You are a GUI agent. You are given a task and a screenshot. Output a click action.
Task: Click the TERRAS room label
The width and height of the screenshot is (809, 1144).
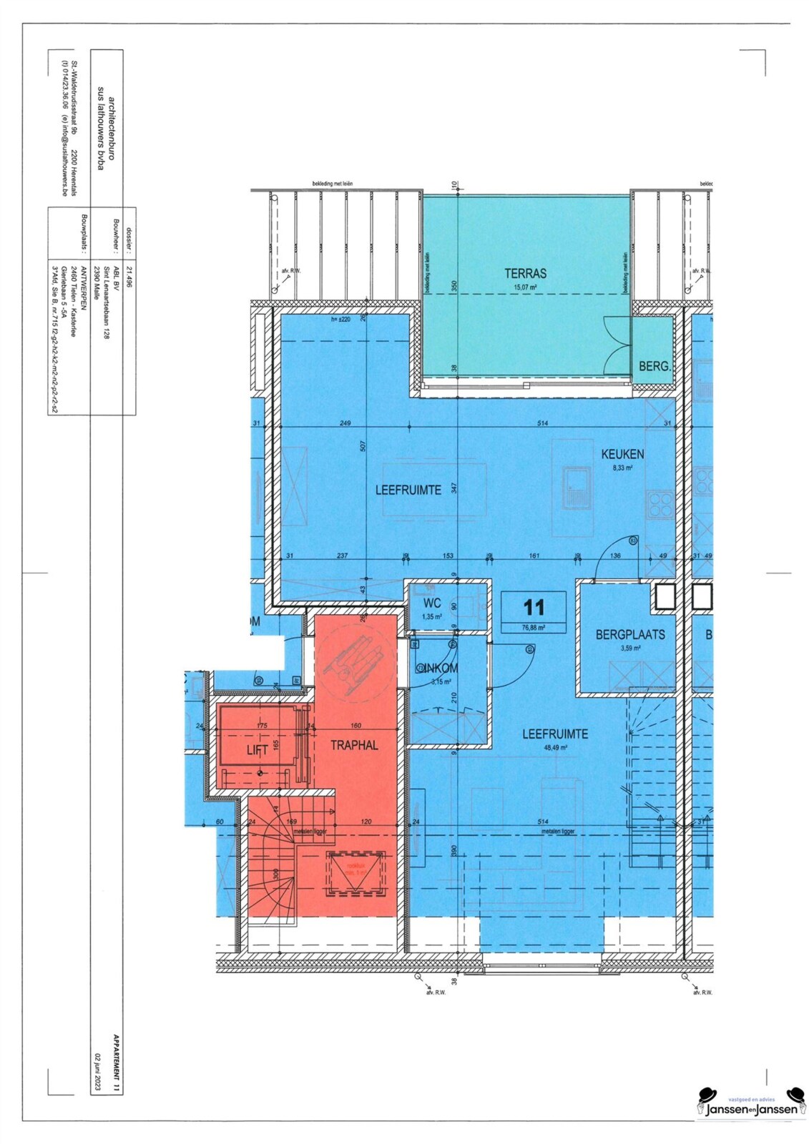pos(525,273)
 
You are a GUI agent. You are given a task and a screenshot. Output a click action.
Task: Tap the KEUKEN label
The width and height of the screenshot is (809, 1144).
pos(622,454)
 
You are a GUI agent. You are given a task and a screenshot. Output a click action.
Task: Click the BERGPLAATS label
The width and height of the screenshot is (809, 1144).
pos(630,634)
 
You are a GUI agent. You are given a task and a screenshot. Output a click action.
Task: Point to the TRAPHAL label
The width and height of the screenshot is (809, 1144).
pos(354,746)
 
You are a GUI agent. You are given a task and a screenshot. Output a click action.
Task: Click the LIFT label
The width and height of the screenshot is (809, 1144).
pos(257,750)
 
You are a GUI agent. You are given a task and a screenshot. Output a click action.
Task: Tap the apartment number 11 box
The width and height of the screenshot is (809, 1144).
pos(534,608)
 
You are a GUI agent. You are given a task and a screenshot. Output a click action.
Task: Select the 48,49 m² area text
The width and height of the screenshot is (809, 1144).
pos(554,748)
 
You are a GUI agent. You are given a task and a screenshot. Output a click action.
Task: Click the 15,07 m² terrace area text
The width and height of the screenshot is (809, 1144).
pos(525,287)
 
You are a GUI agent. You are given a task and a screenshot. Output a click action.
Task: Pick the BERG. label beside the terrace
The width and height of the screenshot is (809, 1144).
pos(654,367)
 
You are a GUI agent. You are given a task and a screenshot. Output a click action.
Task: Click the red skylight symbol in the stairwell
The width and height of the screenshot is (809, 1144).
pos(356,874)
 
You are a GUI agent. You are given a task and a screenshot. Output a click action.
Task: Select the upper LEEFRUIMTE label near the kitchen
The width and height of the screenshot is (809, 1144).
pos(408,490)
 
